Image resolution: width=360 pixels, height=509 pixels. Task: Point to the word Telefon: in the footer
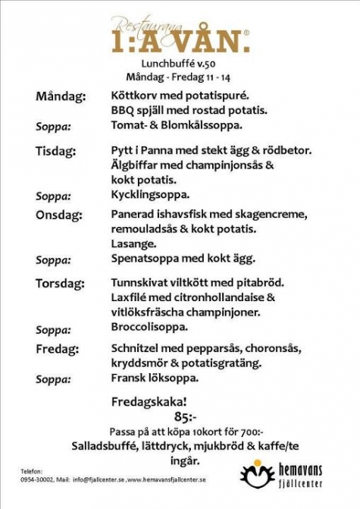coord(33,471)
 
